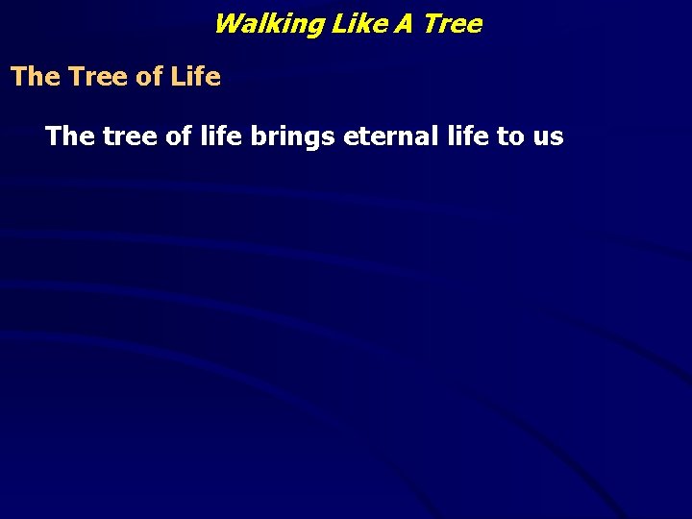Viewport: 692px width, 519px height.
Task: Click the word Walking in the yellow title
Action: click(268, 24)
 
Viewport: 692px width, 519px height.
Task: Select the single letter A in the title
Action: click(402, 24)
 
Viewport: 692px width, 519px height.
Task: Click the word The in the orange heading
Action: click(35, 77)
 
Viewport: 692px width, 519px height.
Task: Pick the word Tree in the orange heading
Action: click(97, 77)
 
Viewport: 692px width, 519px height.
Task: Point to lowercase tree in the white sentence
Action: click(128, 136)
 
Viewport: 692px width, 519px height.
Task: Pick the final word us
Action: click(548, 137)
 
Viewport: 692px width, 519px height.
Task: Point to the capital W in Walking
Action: click(227, 24)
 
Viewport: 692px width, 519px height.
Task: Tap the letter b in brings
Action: click(258, 136)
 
